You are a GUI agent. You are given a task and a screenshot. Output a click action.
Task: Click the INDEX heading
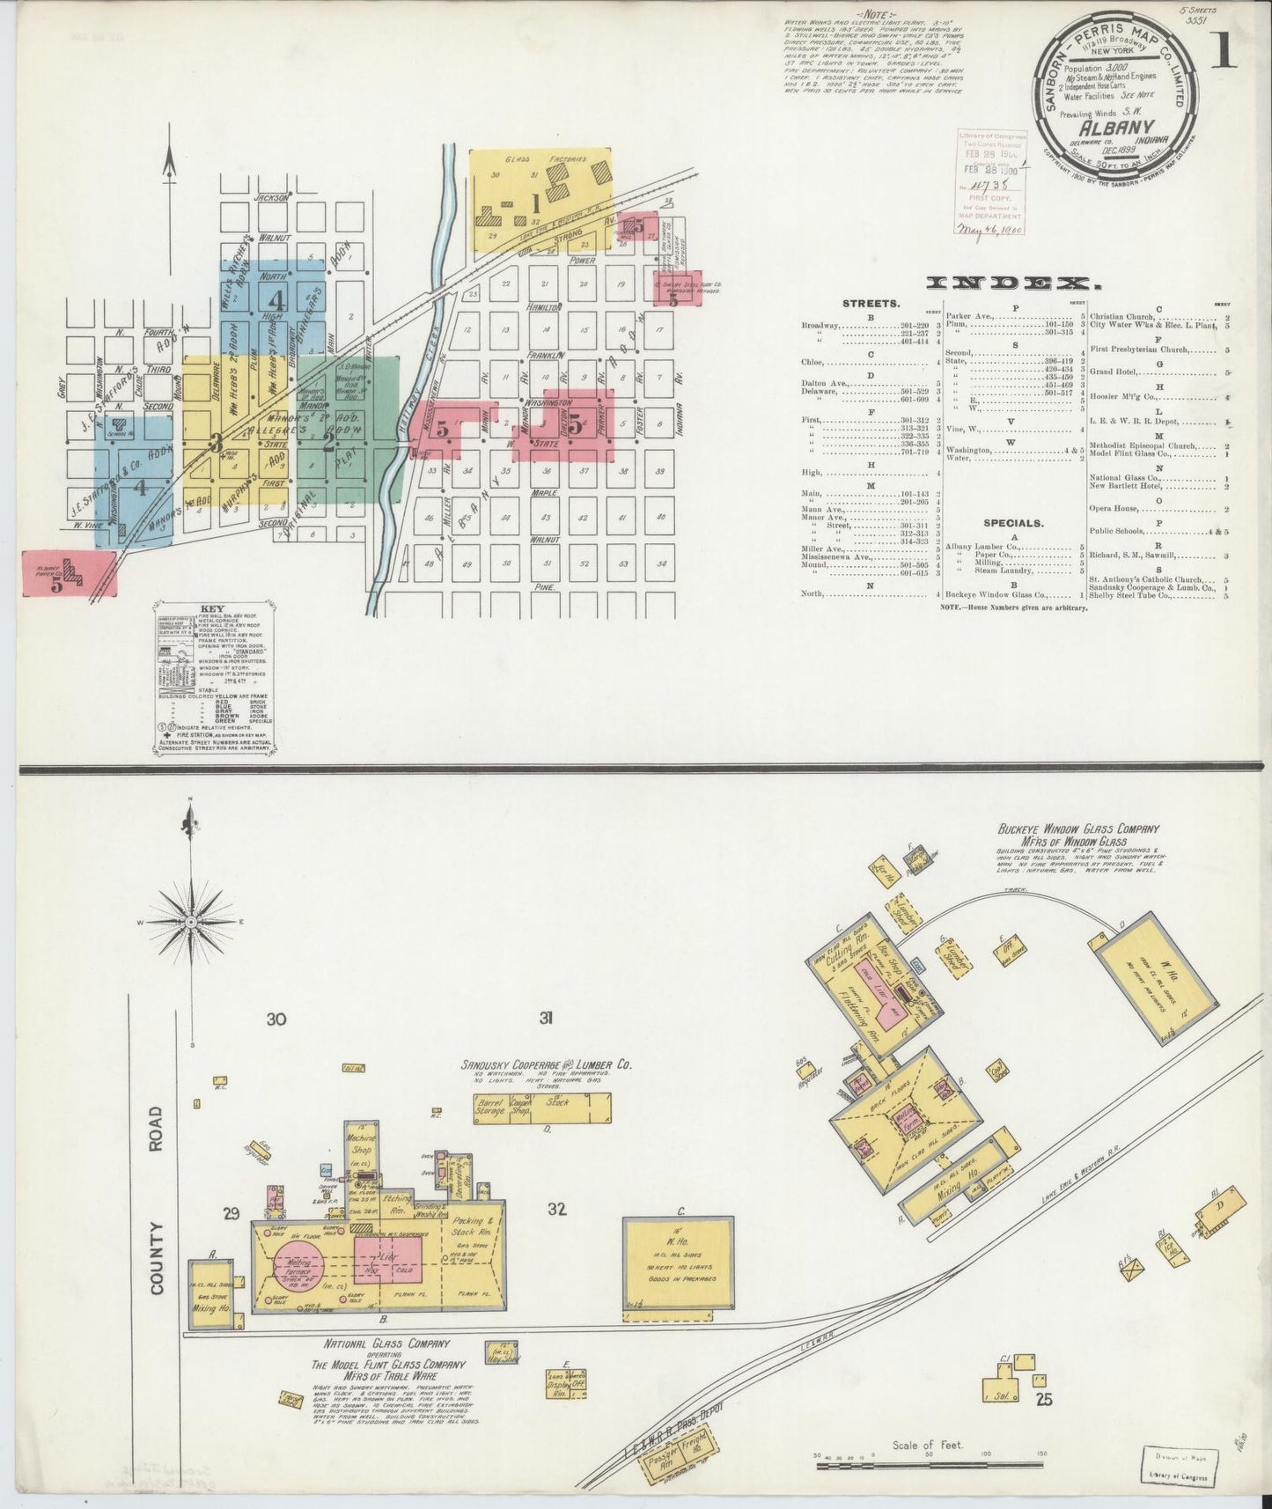click(x=1013, y=283)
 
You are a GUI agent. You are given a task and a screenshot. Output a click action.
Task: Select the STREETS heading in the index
click(x=871, y=303)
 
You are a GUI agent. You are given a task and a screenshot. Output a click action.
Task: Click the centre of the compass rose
click(x=190, y=922)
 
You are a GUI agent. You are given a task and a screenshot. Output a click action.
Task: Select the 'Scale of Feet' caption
click(x=928, y=1445)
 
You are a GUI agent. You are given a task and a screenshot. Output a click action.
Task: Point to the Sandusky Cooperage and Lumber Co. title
click(x=547, y=1064)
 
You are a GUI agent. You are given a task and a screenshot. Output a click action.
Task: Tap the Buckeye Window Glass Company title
click(x=1078, y=834)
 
